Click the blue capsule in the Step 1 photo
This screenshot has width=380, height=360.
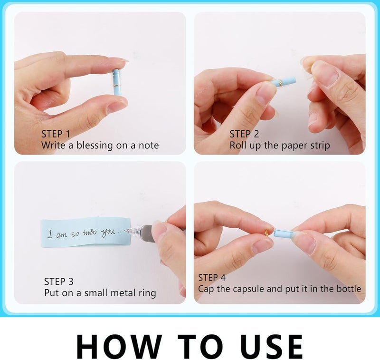(116, 82)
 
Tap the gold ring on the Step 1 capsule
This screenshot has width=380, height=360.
(116, 86)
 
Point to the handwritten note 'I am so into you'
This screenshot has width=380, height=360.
(84, 234)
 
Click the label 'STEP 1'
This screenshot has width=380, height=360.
(56, 134)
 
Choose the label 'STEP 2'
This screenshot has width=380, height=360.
(244, 134)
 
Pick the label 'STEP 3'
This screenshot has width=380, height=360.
(58, 282)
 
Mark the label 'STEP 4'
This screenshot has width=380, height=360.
(212, 278)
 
